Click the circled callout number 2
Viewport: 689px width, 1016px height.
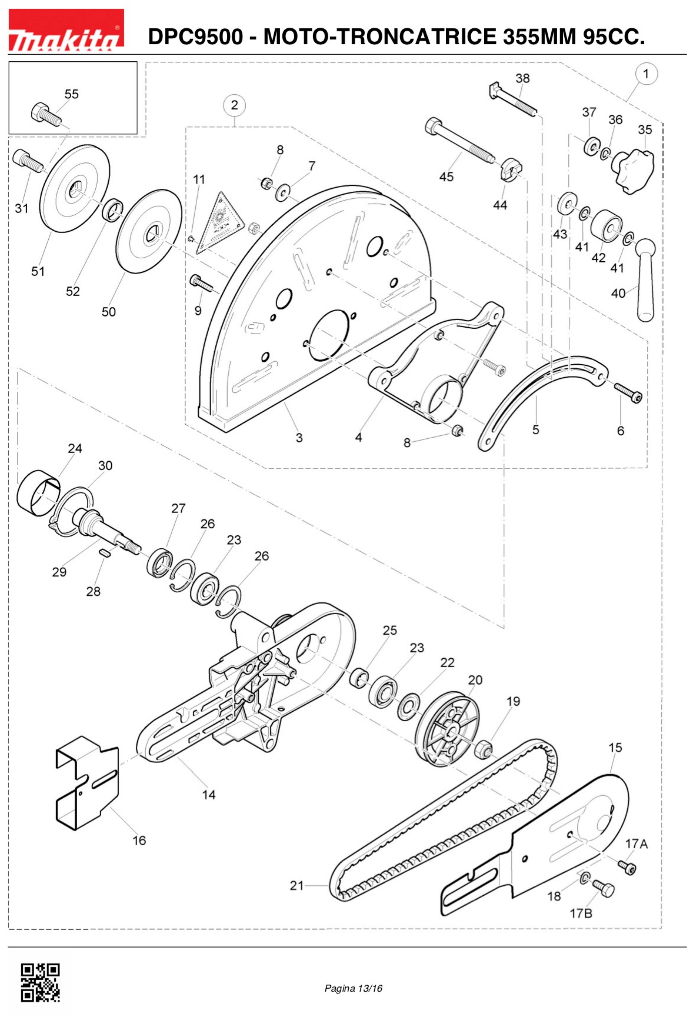(x=234, y=105)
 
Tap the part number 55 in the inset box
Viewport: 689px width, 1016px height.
(x=71, y=94)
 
